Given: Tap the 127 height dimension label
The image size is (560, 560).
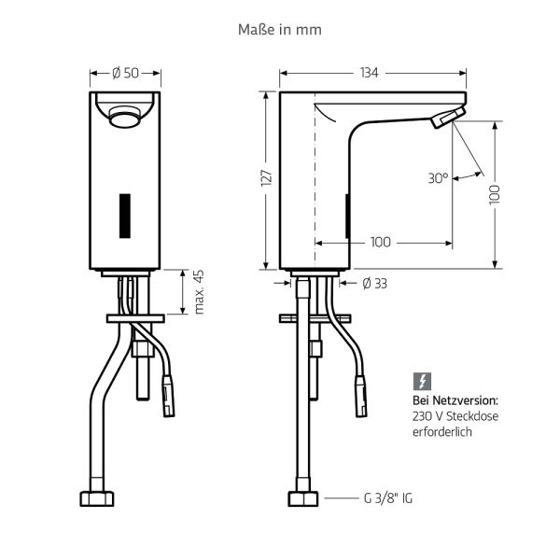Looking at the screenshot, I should pyautogui.click(x=266, y=177).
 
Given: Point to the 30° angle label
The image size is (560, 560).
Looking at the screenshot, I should pyautogui.click(x=438, y=176).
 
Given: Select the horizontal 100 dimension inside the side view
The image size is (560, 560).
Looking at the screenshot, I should pyautogui.click(x=380, y=242).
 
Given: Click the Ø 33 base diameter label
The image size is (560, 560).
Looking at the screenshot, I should pyautogui.click(x=373, y=283).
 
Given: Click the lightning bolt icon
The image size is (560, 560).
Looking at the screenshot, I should pyautogui.click(x=421, y=381).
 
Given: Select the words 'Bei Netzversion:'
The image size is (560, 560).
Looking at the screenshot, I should pyautogui.click(x=454, y=400).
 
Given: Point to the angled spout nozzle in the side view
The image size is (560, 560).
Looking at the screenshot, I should pyautogui.click(x=446, y=118).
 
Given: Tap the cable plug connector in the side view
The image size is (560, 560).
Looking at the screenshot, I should pyautogui.click(x=358, y=397).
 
